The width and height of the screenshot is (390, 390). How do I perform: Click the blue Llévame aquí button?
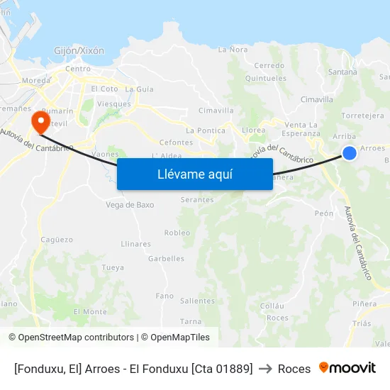[x=194, y=174]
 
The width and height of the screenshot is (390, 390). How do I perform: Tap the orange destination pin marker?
[x=40, y=121]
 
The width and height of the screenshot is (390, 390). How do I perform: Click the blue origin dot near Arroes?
[x=349, y=152]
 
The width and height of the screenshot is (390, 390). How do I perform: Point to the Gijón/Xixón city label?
[x=79, y=51]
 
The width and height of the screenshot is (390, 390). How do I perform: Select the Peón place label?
[x=323, y=213]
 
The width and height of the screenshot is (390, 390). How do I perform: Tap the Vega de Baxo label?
[x=130, y=205]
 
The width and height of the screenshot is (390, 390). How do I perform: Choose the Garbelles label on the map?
[x=166, y=259]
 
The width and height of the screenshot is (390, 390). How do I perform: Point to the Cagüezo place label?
[x=57, y=240]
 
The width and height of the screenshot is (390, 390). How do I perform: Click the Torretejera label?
[x=362, y=116]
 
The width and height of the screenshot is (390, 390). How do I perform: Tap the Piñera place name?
[x=364, y=303]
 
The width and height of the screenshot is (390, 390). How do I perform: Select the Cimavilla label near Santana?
[x=316, y=99]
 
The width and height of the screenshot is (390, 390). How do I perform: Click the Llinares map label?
[x=135, y=244]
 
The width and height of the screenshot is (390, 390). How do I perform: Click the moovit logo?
[x=347, y=367]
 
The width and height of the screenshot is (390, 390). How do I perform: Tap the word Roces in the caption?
[x=294, y=369]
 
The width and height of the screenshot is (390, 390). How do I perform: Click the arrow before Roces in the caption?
[x=265, y=369]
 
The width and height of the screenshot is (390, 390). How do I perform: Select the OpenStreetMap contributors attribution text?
[x=75, y=338]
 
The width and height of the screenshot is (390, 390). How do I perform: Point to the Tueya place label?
[x=113, y=267]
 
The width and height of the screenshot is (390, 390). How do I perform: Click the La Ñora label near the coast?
[x=233, y=50]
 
